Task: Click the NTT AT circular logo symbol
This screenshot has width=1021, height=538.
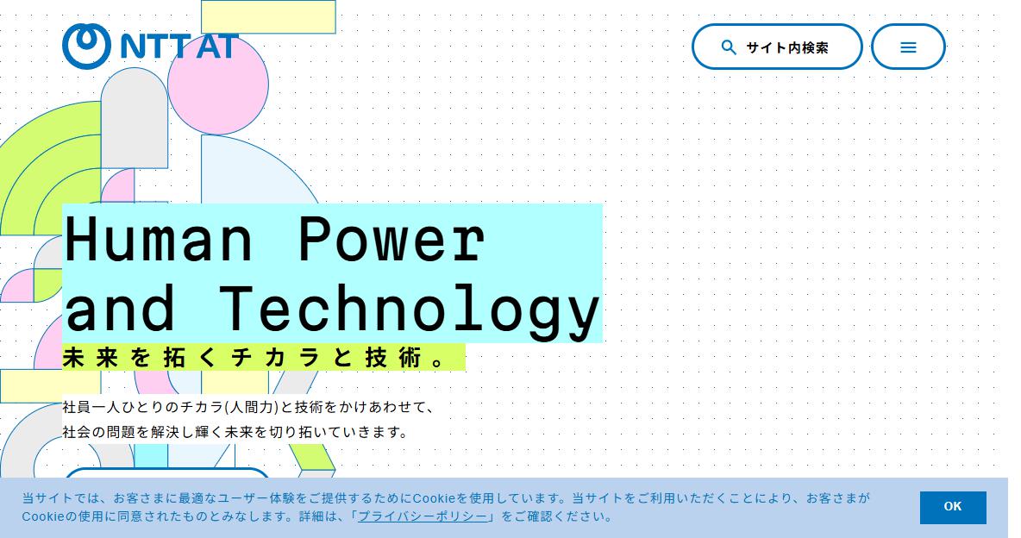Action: [86, 47]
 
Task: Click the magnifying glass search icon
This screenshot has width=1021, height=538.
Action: [729, 47]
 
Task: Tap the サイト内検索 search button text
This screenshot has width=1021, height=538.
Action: [787, 47]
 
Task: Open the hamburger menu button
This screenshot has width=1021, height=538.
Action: [908, 47]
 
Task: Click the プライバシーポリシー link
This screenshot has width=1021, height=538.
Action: [423, 516]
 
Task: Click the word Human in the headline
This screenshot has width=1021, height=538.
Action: [159, 239]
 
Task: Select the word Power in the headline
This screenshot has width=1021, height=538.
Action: [392, 239]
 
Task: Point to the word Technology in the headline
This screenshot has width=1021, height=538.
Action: [409, 310]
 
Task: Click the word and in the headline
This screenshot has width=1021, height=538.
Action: [121, 308]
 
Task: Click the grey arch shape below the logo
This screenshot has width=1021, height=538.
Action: [135, 118]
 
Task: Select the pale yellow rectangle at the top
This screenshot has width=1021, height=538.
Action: [268, 17]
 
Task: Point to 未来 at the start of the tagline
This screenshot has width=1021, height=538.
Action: [91, 358]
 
